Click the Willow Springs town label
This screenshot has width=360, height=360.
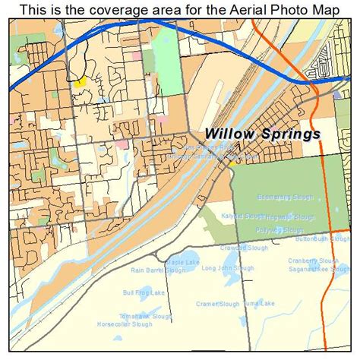pos(262,134)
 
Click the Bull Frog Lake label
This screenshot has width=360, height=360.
pos(139,292)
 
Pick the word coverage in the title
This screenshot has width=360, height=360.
pos(126,9)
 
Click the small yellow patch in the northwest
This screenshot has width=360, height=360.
pos(78,81)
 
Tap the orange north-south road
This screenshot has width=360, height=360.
pos(325,190)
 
